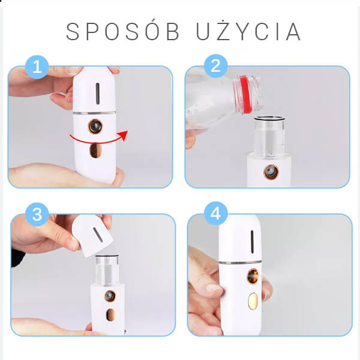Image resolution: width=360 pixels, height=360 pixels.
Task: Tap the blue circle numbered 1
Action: click(37, 67)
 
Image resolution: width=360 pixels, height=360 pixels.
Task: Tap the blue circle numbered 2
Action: click(215, 66)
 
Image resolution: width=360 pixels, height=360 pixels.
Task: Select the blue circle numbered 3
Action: click(37, 214)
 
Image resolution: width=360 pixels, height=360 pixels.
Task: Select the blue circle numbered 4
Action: click(215, 214)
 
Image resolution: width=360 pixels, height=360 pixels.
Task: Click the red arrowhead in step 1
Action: click(123, 135)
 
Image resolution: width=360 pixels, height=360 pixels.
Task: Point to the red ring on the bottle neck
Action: click(245, 94)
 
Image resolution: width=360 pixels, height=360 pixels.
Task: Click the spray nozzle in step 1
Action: click(95, 126)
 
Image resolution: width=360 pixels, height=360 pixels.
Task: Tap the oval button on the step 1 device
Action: click(95, 151)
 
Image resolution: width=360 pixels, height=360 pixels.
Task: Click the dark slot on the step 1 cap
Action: click(98, 94)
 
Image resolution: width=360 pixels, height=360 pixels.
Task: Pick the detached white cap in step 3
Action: click(92, 236)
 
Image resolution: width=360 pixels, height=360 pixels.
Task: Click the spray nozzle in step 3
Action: click(110, 296)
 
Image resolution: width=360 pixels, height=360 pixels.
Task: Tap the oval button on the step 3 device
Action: click(110, 314)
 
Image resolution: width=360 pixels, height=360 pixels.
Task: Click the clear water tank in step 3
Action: click(107, 269)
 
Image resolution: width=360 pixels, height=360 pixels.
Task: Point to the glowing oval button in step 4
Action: click(253, 301)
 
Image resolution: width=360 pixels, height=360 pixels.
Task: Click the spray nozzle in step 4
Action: click(253, 276)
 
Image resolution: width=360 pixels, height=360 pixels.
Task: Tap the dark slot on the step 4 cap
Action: click(252, 242)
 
